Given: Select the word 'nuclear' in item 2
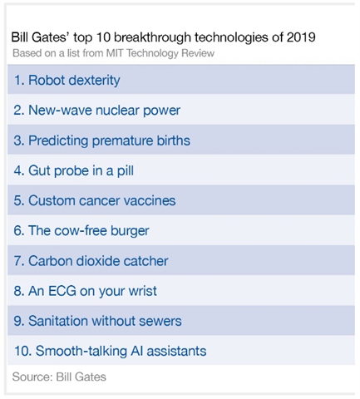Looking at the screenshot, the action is pos(117,111).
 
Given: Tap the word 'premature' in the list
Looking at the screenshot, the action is pos(122,141).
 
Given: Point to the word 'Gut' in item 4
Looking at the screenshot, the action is pos(39,170).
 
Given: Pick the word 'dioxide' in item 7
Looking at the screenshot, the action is pos(98,261).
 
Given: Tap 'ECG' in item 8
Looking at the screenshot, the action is pos(62,291).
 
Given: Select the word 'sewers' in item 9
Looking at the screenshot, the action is pos(160,321).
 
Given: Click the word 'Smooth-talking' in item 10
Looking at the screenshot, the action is pos(81,352).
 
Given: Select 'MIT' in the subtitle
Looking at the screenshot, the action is pos(115,53).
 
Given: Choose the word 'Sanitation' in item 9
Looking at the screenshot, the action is pos(58,321).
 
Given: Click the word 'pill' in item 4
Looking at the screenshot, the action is pos(126,171).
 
